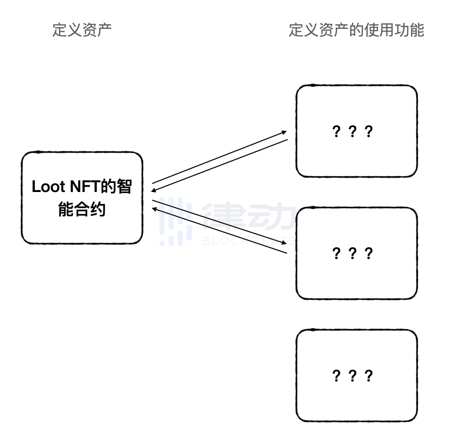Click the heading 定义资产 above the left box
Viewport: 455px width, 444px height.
pyautogui.click(x=82, y=30)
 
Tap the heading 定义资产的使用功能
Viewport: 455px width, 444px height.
pyautogui.click(x=356, y=30)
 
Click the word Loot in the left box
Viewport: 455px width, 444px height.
pyautogui.click(x=48, y=187)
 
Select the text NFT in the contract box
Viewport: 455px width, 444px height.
pyautogui.click(x=85, y=187)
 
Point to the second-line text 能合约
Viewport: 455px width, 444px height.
pyautogui.click(x=82, y=209)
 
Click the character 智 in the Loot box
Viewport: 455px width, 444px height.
pyautogui.click(x=124, y=187)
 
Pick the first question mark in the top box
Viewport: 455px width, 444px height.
pyautogui.click(x=336, y=131)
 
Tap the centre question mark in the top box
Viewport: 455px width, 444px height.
pyautogui.click(x=352, y=131)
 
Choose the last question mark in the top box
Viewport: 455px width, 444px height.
pyautogui.click(x=368, y=131)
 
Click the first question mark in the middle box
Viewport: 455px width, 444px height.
pyautogui.click(x=336, y=253)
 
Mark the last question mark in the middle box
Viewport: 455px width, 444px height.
pyautogui.click(x=368, y=253)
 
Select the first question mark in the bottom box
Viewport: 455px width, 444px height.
pyautogui.click(x=336, y=376)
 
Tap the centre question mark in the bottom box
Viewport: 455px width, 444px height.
pyautogui.click(x=352, y=376)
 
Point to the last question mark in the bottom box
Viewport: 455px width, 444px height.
pyautogui.click(x=368, y=376)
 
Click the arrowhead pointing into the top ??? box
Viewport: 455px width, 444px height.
pyautogui.click(x=284, y=131)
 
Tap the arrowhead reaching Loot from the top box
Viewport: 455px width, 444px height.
pyautogui.click(x=154, y=191)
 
